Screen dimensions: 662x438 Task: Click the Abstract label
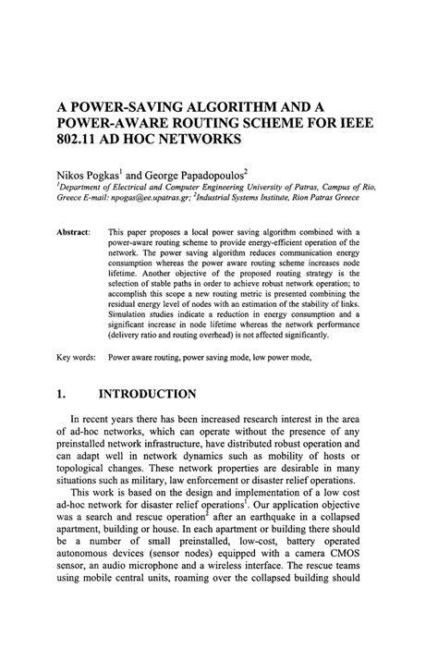pos(73,230)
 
